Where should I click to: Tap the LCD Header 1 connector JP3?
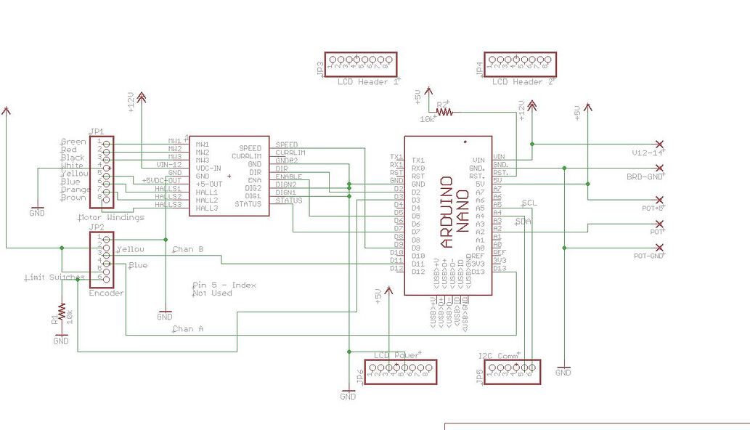click(x=362, y=64)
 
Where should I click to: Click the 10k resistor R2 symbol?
click(x=444, y=112)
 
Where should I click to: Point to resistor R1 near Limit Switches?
click(x=62, y=312)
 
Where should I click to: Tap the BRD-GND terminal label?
click(x=645, y=177)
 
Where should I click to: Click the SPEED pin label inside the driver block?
click(x=250, y=147)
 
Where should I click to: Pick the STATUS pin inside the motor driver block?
click(x=248, y=204)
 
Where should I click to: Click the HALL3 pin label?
click(x=207, y=208)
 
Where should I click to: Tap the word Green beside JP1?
click(x=73, y=142)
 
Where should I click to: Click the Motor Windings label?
click(x=111, y=217)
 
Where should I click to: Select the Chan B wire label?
click(x=187, y=250)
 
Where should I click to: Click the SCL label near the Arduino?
click(x=529, y=203)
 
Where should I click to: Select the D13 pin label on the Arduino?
click(x=417, y=272)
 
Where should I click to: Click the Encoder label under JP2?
click(x=106, y=293)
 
